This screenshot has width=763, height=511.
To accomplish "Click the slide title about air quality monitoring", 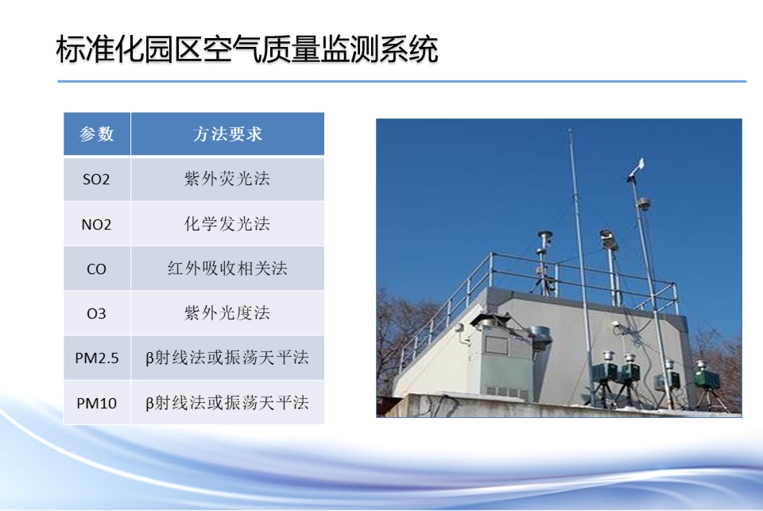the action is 247,49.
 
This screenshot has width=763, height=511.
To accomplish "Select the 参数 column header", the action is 97,134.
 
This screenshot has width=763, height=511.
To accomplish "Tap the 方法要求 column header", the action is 227,134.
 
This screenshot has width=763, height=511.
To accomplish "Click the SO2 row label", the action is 96,179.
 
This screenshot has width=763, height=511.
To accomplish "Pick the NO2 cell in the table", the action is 96,224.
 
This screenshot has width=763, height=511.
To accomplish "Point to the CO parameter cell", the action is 96,269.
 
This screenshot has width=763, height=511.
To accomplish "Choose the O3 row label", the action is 96,313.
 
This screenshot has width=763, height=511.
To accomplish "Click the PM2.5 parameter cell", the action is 97,358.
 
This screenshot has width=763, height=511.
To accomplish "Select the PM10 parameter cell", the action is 97,403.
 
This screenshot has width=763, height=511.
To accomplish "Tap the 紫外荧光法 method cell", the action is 227,179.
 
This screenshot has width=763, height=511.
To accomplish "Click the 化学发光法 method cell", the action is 227,224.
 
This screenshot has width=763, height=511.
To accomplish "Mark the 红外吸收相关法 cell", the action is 227,269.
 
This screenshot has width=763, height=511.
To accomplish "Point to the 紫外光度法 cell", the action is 227,313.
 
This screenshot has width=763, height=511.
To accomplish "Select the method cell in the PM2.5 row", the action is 227,358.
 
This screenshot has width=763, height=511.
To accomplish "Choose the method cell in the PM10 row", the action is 227,403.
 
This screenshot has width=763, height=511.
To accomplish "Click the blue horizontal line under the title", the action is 402,81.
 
